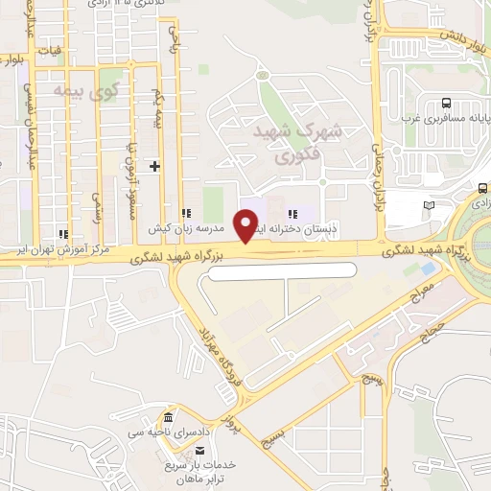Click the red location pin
click(x=248, y=223)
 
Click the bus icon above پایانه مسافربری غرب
click(x=446, y=104)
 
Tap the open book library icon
click(x=428, y=205)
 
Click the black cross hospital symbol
click(x=155, y=166)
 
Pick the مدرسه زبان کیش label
click(x=185, y=230)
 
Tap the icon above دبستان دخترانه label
click(x=293, y=213)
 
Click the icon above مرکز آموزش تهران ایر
click(x=63, y=233)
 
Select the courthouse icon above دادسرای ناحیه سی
click(x=169, y=419)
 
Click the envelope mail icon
click(x=200, y=450)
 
